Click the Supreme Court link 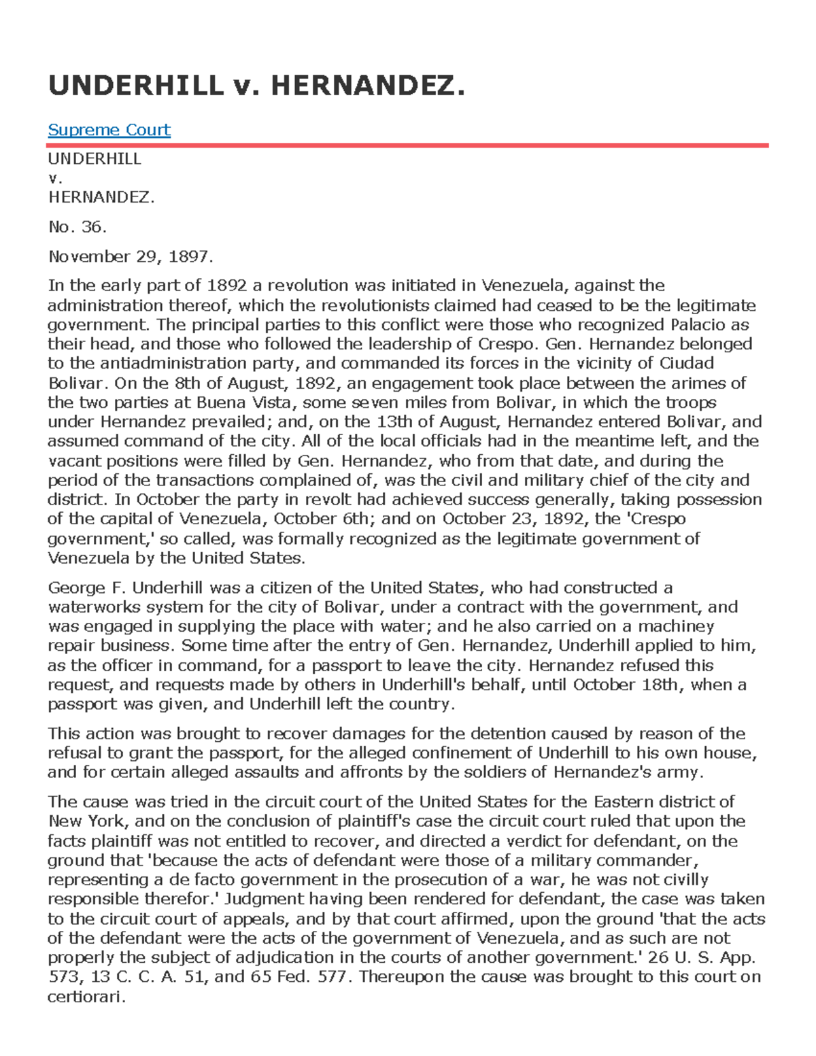[109, 130]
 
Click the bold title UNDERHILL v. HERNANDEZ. [256, 86]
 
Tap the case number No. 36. [77, 227]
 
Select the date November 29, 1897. [131, 256]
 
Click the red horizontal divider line [408, 145]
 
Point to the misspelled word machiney [677, 626]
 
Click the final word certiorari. [86, 997]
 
